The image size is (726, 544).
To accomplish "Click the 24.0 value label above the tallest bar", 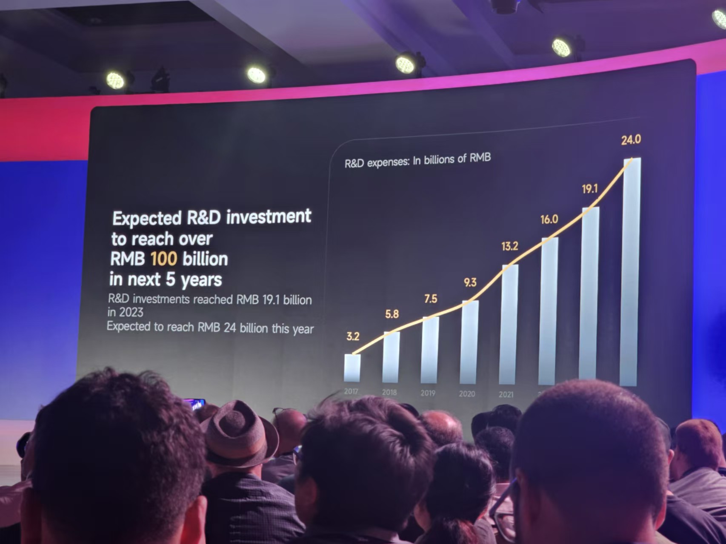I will (631, 140).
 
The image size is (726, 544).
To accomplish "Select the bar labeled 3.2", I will (352, 367).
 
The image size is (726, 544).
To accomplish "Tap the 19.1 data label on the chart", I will (590, 189).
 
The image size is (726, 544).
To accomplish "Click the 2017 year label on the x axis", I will (351, 391).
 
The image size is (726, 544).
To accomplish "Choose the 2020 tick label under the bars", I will (467, 394).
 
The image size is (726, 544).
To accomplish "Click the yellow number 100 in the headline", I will (163, 259).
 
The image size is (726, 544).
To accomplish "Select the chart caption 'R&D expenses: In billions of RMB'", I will (417, 161).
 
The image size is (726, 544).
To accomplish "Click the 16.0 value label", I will (549, 219).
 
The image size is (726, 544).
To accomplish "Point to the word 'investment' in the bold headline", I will (269, 216).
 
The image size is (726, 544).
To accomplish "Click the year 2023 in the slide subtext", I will (131, 313).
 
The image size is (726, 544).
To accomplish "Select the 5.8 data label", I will (392, 314).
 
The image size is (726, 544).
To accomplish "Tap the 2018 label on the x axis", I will (389, 392).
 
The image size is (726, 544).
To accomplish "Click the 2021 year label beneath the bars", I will (506, 395).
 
